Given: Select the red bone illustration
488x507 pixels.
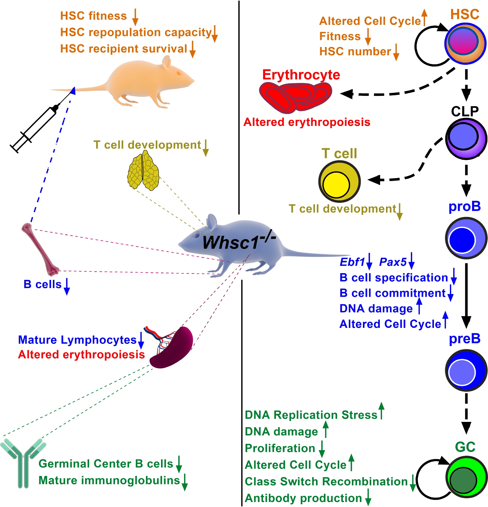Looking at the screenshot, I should [x=40, y=250].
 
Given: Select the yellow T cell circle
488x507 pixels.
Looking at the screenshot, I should [x=339, y=182].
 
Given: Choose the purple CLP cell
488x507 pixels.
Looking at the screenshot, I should [x=466, y=139].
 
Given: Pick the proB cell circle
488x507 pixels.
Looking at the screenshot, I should [x=466, y=238].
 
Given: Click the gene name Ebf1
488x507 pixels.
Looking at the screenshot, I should [x=352, y=262].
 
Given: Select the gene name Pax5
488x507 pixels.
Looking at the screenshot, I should [x=393, y=262].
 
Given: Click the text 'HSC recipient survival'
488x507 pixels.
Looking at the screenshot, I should [x=124, y=49].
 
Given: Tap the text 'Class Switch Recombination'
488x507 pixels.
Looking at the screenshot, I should [x=326, y=481].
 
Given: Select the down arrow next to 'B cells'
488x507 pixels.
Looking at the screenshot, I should [x=67, y=287].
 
